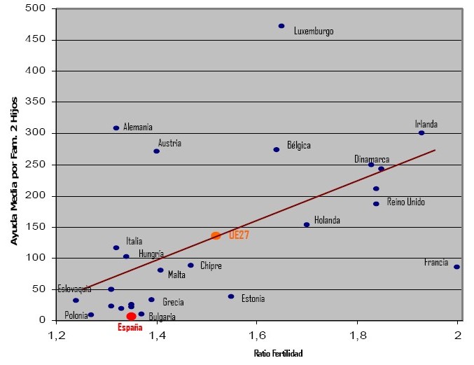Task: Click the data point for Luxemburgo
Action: coord(281,26)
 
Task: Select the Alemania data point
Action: coord(116,128)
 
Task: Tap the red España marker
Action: coord(131,317)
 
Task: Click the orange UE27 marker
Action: coord(216,236)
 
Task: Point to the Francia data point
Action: coord(456,267)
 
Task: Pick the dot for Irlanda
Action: coord(421,133)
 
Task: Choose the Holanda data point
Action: coord(307,225)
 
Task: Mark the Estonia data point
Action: coord(231,296)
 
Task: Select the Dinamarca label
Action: coord(372,160)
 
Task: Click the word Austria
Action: coord(169,143)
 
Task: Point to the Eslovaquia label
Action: coord(74,289)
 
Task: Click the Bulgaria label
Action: coord(162,317)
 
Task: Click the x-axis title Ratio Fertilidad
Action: coord(278,354)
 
